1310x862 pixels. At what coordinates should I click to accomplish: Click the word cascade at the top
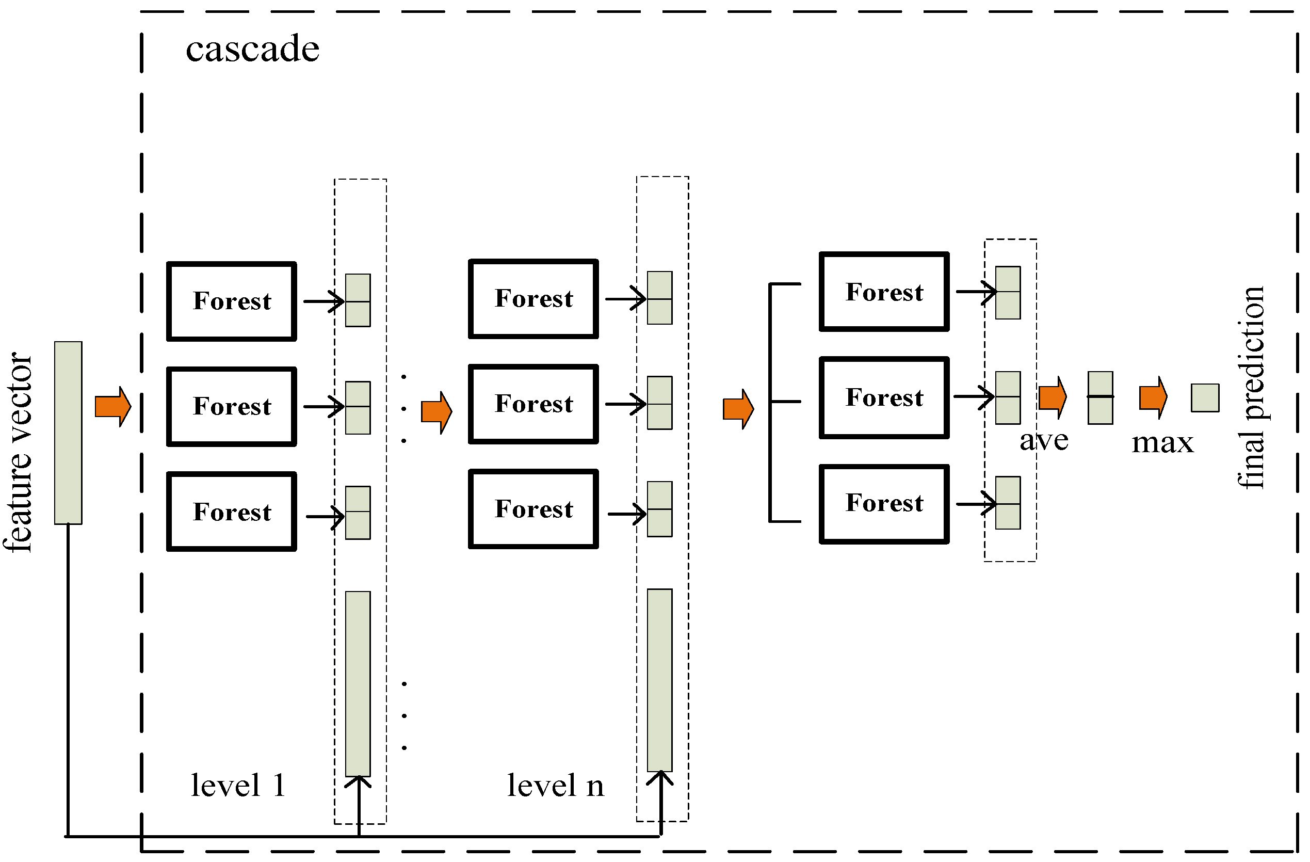point(253,50)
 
